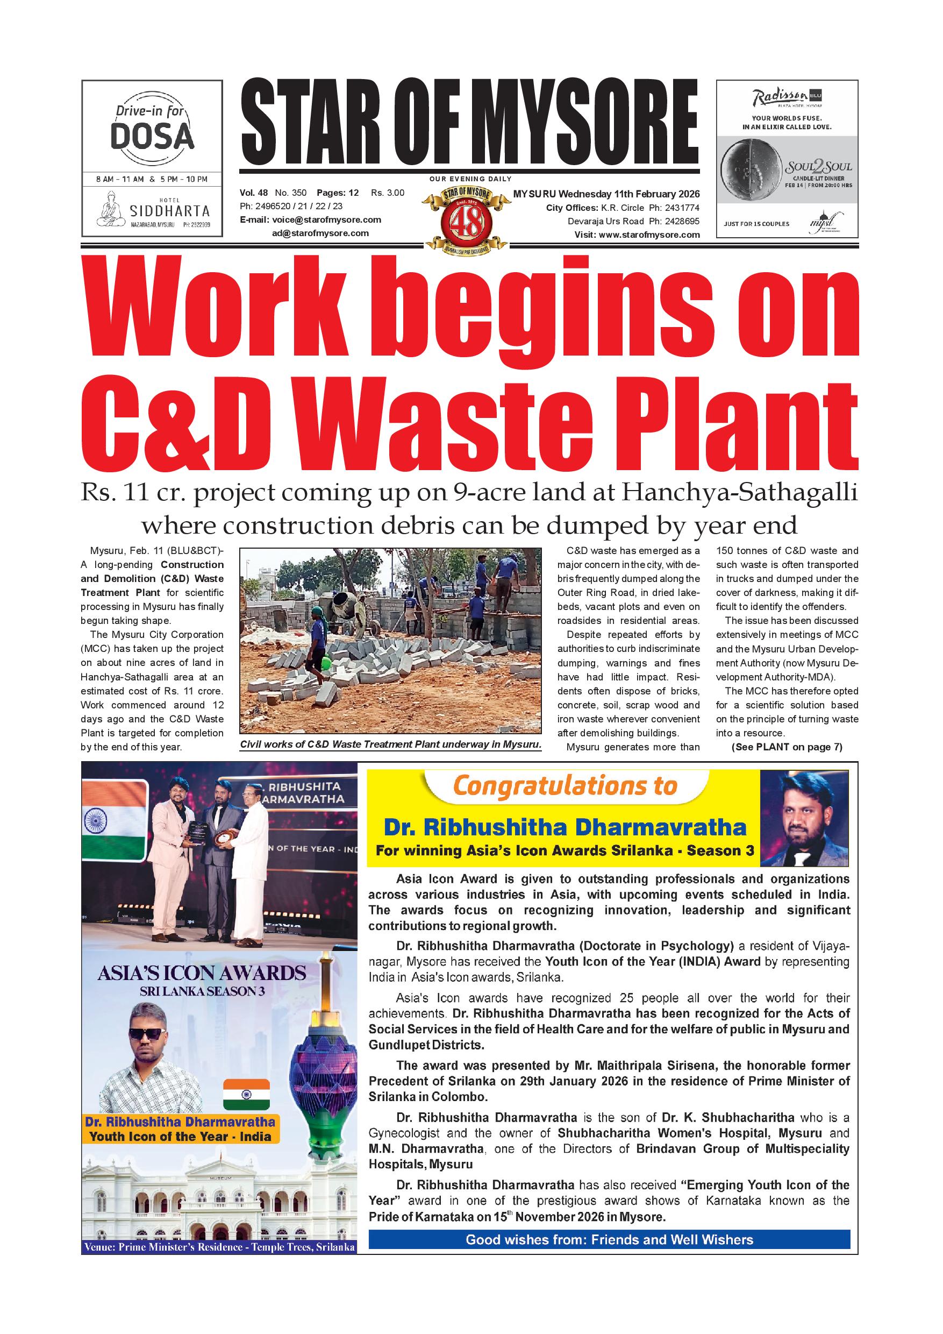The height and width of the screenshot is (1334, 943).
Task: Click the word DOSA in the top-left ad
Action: [152, 136]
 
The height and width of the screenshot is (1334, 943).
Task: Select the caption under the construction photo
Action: [390, 744]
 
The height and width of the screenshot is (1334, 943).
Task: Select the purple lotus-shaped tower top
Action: [321, 1069]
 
